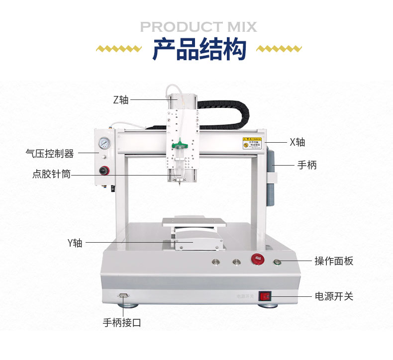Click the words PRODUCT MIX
coord(198,26)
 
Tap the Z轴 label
coord(121,99)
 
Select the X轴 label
coord(297,142)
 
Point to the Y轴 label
coord(75,243)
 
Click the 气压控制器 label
coord(50,154)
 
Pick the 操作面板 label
coord(333,261)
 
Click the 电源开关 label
coord(333,296)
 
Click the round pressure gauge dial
coord(104,145)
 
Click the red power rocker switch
coord(265,297)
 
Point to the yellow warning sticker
coord(252,143)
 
